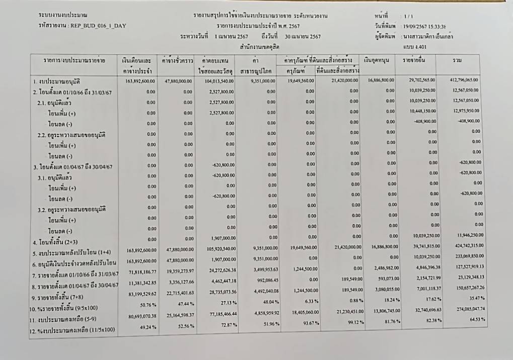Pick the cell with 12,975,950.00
pos(465,111)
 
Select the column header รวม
pos(458,60)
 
